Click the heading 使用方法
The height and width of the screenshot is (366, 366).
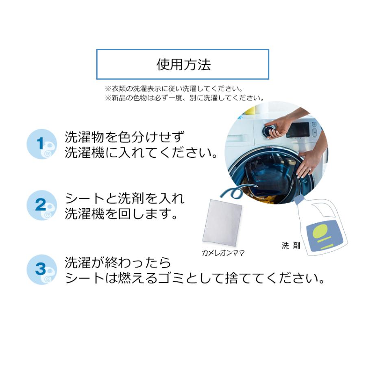(x=183, y=65)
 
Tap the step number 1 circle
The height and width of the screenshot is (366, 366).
(x=41, y=144)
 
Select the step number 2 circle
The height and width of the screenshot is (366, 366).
(x=41, y=205)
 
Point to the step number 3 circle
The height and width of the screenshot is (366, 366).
(x=41, y=269)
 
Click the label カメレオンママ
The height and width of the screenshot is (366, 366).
(x=223, y=253)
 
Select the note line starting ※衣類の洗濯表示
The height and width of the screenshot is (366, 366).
(x=174, y=88)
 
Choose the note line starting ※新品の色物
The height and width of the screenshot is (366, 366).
(x=184, y=98)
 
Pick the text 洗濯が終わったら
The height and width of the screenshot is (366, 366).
(x=118, y=263)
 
